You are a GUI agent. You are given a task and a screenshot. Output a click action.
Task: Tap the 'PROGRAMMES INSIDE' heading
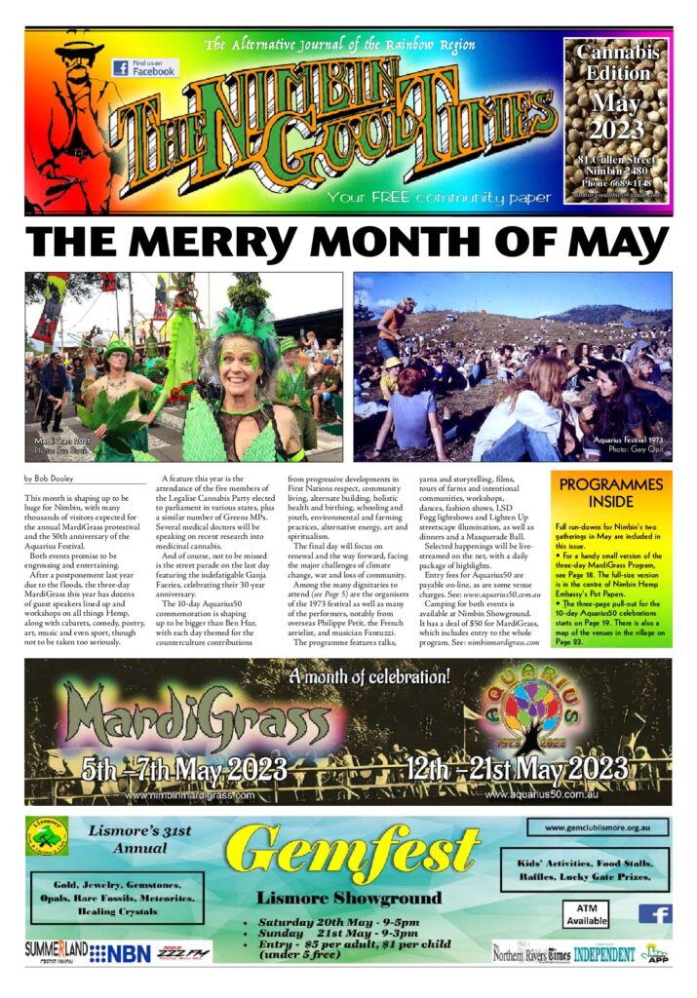pyautogui.click(x=611, y=493)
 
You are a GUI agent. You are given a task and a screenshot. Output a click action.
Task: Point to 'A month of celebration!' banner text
pyautogui.click(x=370, y=676)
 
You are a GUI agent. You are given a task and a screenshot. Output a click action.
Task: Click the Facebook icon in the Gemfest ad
pyautogui.click(x=655, y=913)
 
